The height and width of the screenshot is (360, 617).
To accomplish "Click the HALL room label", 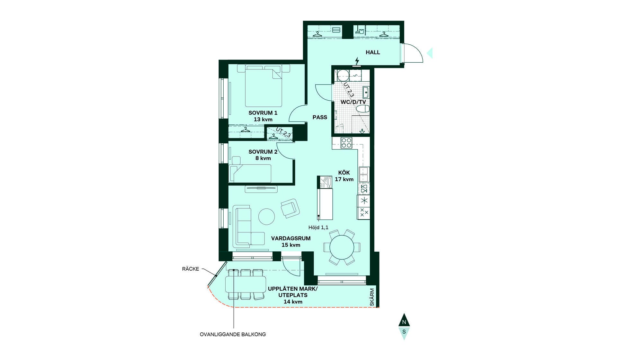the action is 373,52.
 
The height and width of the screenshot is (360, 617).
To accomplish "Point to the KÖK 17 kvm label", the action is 344,176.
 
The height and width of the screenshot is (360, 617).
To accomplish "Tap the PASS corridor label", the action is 320,117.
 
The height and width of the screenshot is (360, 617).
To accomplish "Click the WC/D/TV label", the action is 353,102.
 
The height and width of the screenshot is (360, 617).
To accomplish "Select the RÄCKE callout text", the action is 191,269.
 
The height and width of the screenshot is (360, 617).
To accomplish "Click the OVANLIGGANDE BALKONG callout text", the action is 233,334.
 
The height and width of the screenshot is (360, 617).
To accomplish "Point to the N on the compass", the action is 404,322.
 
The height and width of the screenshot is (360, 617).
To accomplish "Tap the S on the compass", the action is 404,331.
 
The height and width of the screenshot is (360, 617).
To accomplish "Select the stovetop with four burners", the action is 346,143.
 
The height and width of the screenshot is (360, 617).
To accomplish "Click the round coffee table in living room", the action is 267,217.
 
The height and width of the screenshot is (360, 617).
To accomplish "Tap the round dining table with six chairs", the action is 342,247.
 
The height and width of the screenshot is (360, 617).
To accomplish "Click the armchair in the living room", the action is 290,208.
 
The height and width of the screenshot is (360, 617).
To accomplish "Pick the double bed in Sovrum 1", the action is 264,86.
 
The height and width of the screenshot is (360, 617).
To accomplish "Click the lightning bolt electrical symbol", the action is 357,61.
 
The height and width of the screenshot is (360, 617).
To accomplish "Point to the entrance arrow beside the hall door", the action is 430,53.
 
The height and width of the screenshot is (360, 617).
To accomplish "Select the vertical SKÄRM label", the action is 372,297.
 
